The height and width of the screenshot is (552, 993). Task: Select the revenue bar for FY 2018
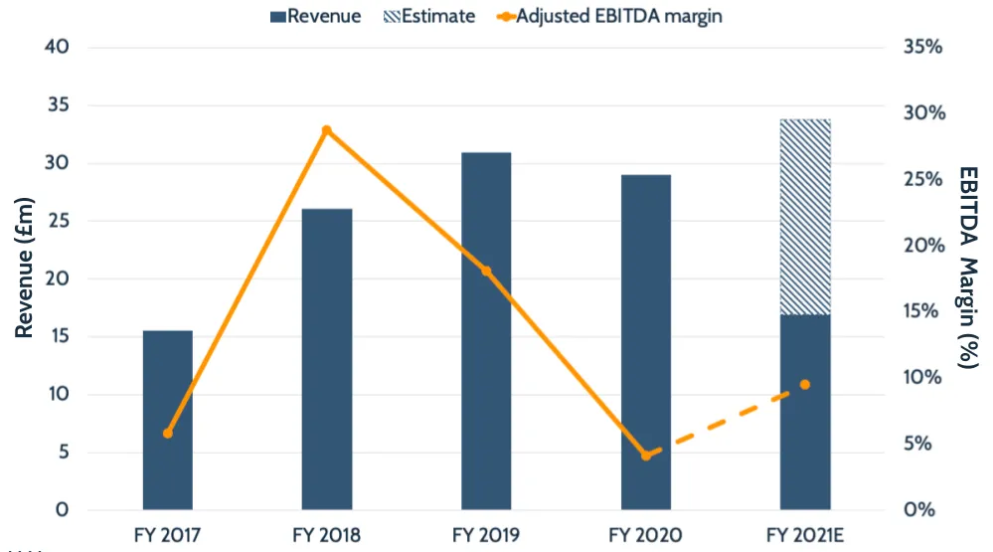(327, 359)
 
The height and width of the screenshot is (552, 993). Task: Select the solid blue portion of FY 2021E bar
(805, 412)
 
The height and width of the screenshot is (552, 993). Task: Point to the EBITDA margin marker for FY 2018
(327, 130)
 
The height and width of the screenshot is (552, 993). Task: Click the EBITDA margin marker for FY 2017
(167, 433)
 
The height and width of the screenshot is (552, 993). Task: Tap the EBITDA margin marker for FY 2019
(486, 271)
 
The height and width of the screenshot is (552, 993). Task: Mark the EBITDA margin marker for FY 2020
(646, 456)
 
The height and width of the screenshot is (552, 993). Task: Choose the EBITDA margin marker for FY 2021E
(805, 385)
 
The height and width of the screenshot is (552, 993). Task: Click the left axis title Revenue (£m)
(25, 279)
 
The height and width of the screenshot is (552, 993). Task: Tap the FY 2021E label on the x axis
(805, 534)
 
